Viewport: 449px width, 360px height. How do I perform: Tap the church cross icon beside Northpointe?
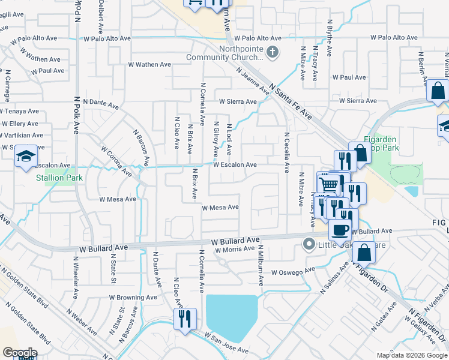(x=273, y=52)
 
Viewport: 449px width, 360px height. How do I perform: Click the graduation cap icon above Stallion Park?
(x=26, y=157)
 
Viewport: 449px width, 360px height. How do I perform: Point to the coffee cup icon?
(x=340, y=229)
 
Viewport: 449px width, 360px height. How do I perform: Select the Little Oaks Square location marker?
(x=309, y=244)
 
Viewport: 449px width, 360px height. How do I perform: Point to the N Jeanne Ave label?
(x=252, y=82)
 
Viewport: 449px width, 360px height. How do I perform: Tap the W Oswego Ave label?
(x=293, y=271)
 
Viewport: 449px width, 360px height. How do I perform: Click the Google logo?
(x=20, y=353)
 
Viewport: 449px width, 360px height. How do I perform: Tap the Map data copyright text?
(x=411, y=355)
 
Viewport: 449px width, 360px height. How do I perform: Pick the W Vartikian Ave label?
(x=22, y=136)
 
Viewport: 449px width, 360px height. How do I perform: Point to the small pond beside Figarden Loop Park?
(x=412, y=191)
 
